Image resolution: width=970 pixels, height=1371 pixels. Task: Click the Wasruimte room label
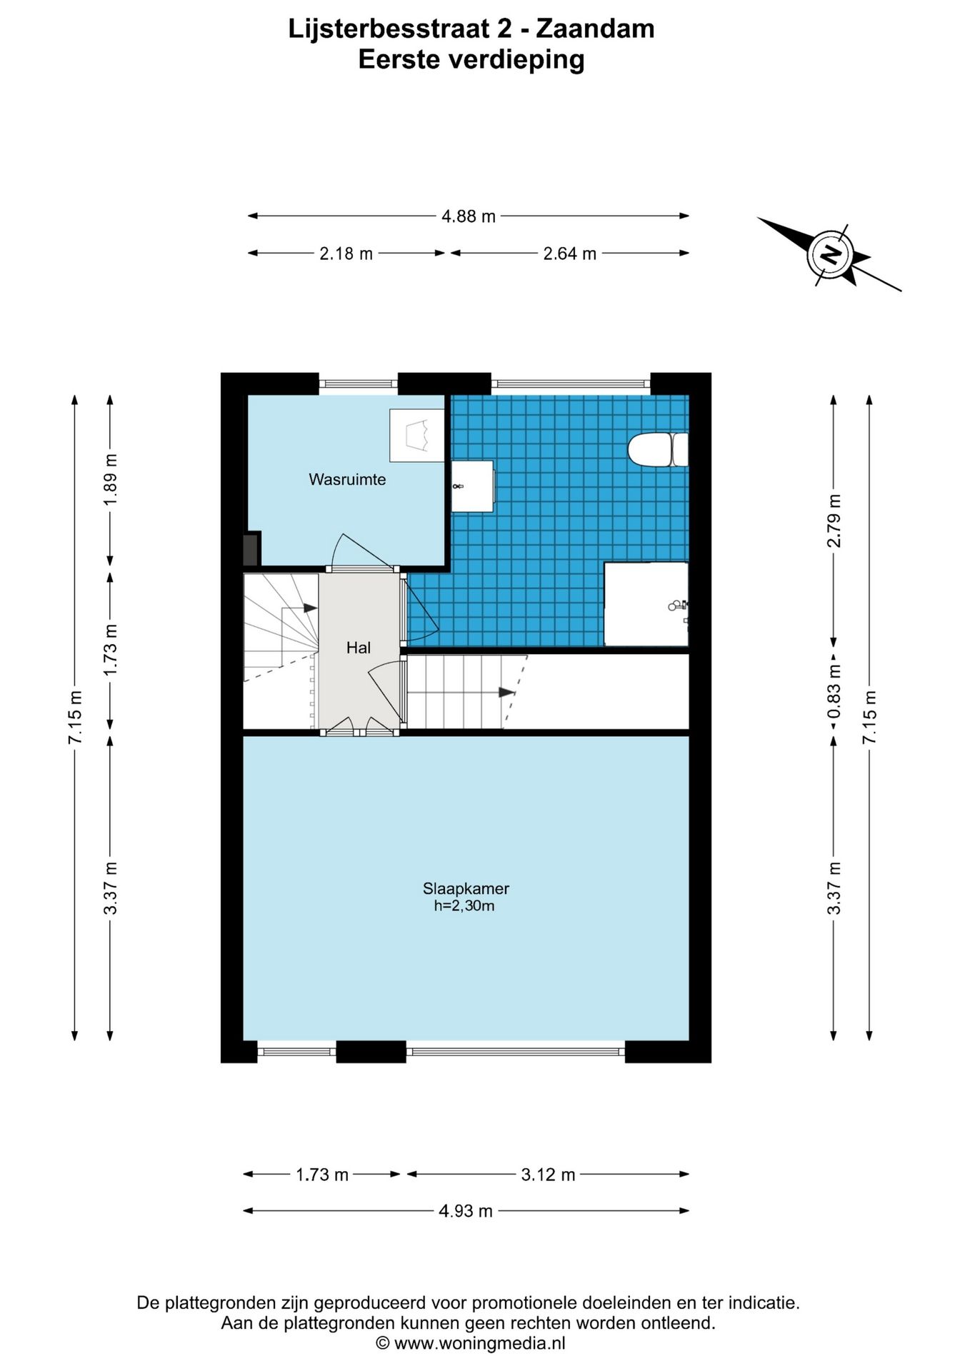point(347,480)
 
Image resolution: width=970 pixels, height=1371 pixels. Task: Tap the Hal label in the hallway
point(359,648)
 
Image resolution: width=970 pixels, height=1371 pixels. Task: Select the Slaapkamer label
point(466,889)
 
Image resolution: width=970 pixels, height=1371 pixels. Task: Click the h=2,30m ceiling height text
point(464,906)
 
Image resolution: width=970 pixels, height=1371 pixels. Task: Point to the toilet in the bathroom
point(658,450)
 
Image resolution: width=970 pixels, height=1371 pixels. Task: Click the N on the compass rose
point(831,253)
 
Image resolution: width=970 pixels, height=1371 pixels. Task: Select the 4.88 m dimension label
point(469,216)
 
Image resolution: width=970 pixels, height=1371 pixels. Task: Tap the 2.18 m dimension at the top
point(346,253)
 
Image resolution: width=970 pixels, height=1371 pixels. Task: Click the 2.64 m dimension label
point(569,253)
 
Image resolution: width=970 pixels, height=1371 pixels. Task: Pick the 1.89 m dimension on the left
point(110,479)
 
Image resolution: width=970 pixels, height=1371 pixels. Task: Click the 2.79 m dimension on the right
point(834,521)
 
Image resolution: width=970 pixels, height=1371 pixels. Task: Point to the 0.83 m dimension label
point(834,692)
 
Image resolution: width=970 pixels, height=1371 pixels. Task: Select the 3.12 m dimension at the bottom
point(548,1175)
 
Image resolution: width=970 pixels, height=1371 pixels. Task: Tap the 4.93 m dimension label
point(466,1211)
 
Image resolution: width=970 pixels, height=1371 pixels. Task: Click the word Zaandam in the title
point(595,29)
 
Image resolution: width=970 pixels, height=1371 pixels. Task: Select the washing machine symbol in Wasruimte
point(417,435)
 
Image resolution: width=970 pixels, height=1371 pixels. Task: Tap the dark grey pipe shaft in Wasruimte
point(251,548)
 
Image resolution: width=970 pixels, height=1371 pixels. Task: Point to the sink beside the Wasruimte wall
point(472,486)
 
